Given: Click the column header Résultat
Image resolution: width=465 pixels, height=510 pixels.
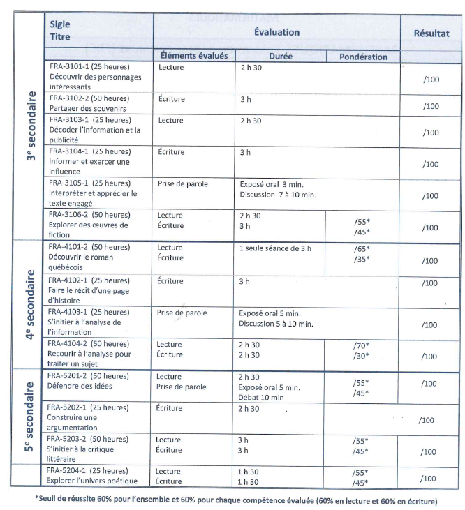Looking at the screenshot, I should (431, 33).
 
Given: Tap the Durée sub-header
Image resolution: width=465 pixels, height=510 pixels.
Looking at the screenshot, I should (280, 56).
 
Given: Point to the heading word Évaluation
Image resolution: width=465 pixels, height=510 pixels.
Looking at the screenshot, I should (276, 32).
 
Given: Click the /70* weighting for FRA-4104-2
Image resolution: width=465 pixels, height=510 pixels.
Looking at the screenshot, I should (361, 345).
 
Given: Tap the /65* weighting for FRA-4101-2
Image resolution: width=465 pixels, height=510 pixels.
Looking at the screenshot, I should (361, 248).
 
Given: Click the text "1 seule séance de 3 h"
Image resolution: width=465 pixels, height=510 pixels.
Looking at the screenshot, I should (278, 248).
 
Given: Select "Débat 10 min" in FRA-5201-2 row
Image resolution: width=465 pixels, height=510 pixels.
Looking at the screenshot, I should (260, 397).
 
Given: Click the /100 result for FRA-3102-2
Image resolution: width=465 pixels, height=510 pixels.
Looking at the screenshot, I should (431, 106).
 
